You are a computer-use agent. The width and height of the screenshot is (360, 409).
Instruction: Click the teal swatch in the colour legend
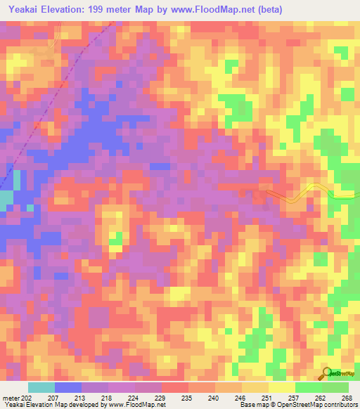[41, 387]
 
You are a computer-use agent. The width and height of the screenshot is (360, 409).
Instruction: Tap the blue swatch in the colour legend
[68, 387]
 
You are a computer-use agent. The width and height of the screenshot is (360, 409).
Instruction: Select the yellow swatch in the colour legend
[282, 387]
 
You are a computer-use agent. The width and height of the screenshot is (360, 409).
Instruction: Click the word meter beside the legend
[11, 397]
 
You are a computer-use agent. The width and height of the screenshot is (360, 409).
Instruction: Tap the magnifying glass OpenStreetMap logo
[326, 373]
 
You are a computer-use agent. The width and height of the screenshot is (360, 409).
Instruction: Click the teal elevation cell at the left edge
[6, 201]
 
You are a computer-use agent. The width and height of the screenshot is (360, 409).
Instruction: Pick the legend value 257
[293, 397]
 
